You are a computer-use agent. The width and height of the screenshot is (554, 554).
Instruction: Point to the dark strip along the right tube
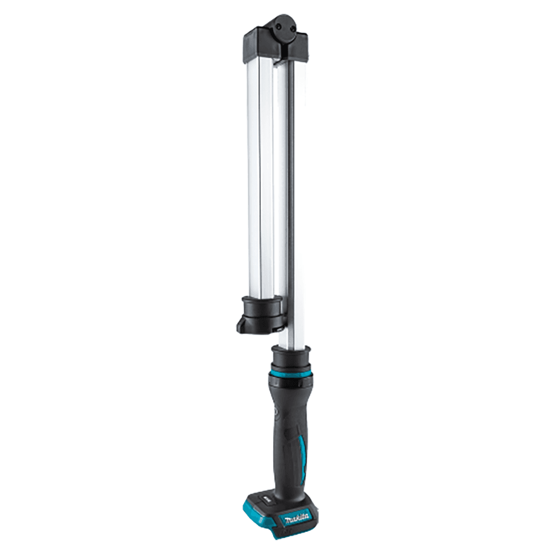pos(290,194)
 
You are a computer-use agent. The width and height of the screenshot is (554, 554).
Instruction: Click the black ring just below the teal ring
pos(290,382)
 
